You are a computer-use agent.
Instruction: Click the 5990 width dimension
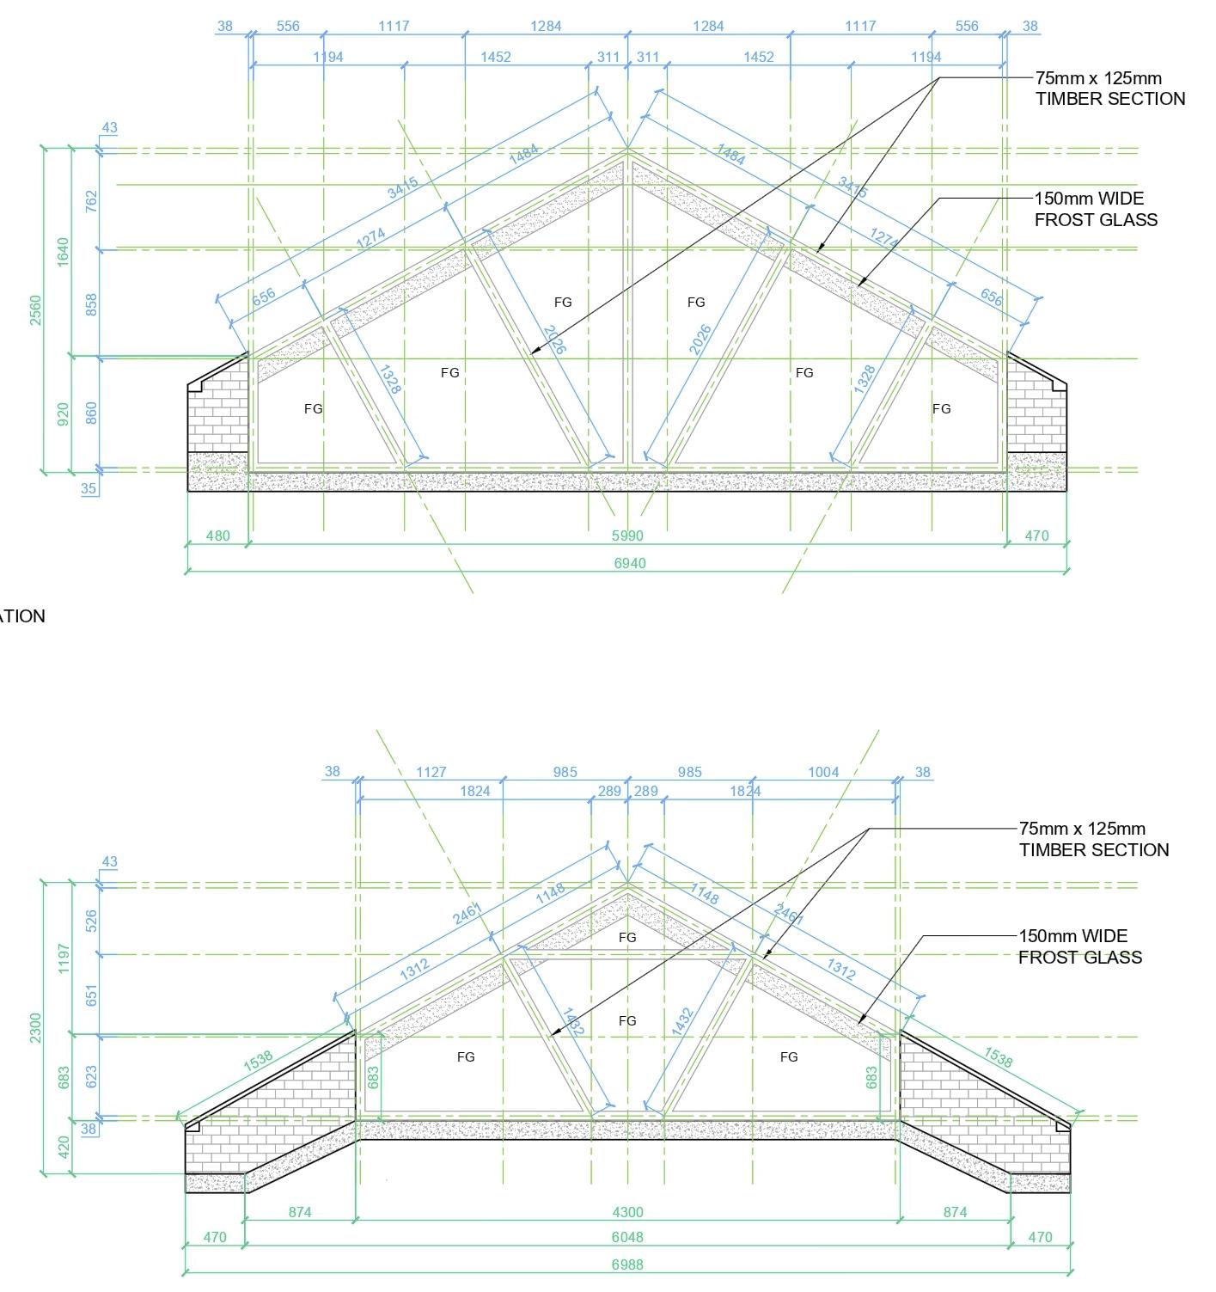point(627,536)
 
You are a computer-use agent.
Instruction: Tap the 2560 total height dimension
point(35,309)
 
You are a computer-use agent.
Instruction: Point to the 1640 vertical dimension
point(63,252)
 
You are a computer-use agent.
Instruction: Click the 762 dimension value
point(91,201)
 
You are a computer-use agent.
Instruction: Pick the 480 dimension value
point(218,536)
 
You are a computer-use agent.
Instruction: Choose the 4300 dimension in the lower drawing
point(627,1212)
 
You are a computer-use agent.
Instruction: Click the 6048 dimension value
point(627,1237)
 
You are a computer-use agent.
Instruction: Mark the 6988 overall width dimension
point(627,1264)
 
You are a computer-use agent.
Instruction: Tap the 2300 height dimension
point(35,1028)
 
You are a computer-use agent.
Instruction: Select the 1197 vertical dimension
point(63,958)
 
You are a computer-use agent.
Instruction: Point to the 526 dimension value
point(91,921)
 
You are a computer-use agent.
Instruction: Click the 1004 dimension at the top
point(823,772)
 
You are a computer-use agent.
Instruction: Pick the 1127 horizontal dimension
point(431,772)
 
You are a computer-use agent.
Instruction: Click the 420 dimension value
point(63,1148)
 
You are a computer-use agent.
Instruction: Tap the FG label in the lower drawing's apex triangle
point(627,937)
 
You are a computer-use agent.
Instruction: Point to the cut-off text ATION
point(22,616)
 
